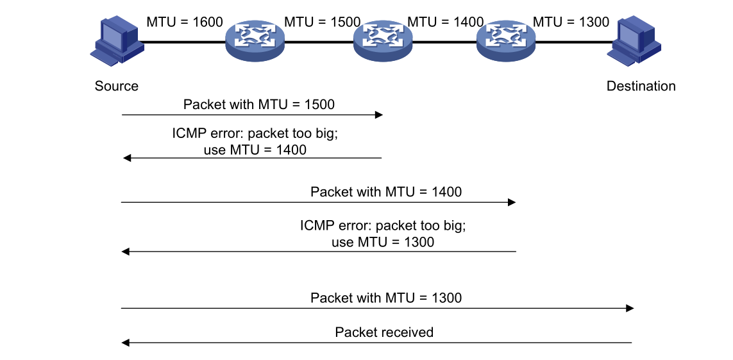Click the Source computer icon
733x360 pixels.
(116, 42)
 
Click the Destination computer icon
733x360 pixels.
(635, 42)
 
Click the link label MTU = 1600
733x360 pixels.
(185, 22)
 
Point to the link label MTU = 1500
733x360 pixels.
(322, 22)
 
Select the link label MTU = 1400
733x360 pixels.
(446, 22)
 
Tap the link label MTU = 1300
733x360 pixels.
(571, 22)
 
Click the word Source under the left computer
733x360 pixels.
(116, 86)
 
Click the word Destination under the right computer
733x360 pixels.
(641, 86)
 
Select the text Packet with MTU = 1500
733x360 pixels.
(258, 104)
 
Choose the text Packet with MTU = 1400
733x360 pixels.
(385, 191)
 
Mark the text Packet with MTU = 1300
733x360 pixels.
(385, 298)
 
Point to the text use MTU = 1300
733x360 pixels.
(382, 242)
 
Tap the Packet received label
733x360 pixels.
(384, 332)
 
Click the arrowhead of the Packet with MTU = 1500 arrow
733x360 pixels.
(379, 115)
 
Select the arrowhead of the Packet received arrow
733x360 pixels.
(126, 343)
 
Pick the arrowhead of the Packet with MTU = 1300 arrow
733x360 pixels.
(630, 309)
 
